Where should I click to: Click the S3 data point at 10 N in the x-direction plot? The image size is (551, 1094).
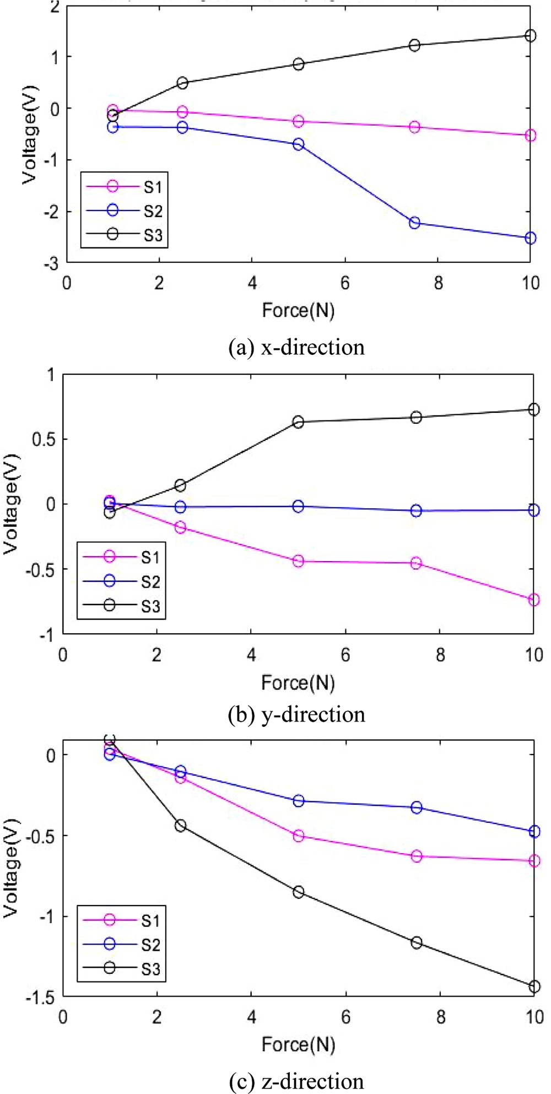coord(530,36)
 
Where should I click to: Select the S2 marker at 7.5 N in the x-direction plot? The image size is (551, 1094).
coord(414,223)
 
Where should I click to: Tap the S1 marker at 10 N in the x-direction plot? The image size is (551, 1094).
coord(530,135)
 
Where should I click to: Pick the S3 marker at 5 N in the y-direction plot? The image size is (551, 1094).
coord(298,422)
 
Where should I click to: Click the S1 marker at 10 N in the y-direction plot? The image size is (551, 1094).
coord(533,600)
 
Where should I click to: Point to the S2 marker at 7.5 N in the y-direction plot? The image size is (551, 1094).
coord(416,511)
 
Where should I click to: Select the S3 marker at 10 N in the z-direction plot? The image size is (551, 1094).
coord(534,987)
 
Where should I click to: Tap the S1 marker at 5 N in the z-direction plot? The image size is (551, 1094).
coord(298,836)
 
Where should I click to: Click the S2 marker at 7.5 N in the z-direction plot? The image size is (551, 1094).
coord(417,807)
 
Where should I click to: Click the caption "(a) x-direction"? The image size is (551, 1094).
coord(296,347)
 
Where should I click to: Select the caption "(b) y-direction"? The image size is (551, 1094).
coord(296,714)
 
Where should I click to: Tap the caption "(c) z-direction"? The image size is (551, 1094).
coord(296,1081)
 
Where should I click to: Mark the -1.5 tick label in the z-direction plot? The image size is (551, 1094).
coord(40,998)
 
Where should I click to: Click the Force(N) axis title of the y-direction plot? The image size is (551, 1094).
coord(298,683)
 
